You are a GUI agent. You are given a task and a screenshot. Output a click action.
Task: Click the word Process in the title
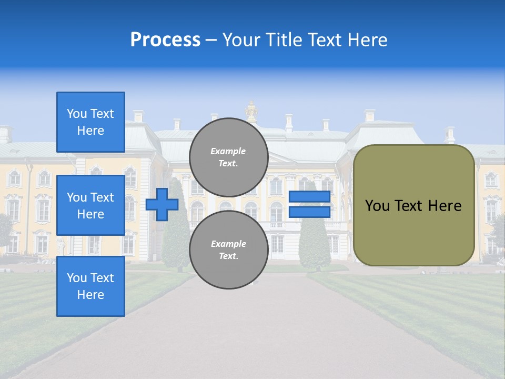[165, 40]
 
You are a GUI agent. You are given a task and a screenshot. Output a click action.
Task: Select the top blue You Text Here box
[90, 122]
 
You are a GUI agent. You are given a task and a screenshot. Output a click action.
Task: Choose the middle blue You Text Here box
[90, 205]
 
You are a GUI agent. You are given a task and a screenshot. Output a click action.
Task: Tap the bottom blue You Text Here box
[90, 286]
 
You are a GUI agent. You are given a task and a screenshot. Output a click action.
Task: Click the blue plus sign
[162, 204]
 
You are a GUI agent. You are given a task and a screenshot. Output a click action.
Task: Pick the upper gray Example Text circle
[228, 157]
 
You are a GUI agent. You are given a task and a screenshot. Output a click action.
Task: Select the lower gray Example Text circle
[228, 250]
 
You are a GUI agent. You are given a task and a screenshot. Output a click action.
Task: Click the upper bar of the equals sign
[309, 197]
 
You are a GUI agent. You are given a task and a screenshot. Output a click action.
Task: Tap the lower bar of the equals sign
[309, 212]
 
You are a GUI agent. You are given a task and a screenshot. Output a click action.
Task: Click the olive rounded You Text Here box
[413, 205]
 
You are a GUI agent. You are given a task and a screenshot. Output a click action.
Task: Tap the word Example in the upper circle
[228, 151]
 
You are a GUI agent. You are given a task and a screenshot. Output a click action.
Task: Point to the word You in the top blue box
[76, 114]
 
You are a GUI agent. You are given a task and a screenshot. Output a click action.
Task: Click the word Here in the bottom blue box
[90, 295]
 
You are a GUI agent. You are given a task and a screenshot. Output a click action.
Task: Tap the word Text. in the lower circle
[228, 256]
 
